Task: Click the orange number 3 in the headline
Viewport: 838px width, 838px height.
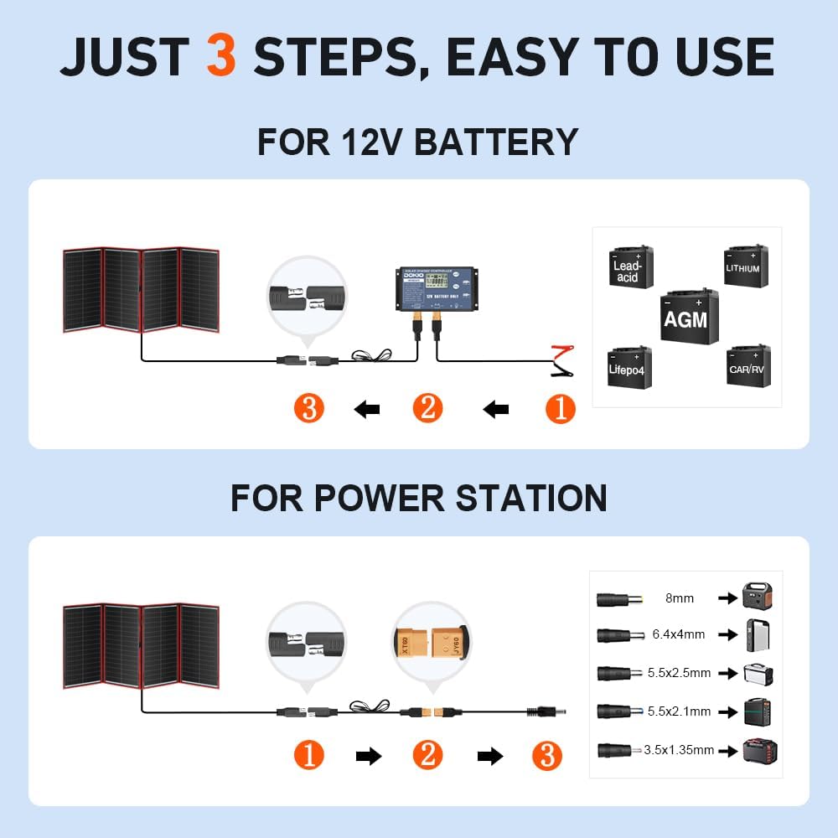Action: pos(221,57)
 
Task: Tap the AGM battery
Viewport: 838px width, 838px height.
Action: pos(685,317)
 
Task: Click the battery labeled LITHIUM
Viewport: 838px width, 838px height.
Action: pos(745,266)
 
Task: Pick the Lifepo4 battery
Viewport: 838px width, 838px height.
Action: pos(629,365)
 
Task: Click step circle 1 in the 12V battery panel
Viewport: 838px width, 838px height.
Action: pos(561,409)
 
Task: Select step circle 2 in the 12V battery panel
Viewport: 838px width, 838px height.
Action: pos(427,409)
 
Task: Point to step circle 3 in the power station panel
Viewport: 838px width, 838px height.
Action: pos(546,757)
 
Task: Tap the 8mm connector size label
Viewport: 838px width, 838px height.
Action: pos(679,598)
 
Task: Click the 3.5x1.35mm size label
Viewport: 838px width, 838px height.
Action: pos(679,750)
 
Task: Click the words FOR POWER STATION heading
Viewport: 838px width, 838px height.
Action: pos(418,498)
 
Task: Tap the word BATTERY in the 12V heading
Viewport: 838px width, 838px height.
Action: pos(496,142)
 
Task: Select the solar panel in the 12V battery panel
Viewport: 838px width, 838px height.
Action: pos(141,290)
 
